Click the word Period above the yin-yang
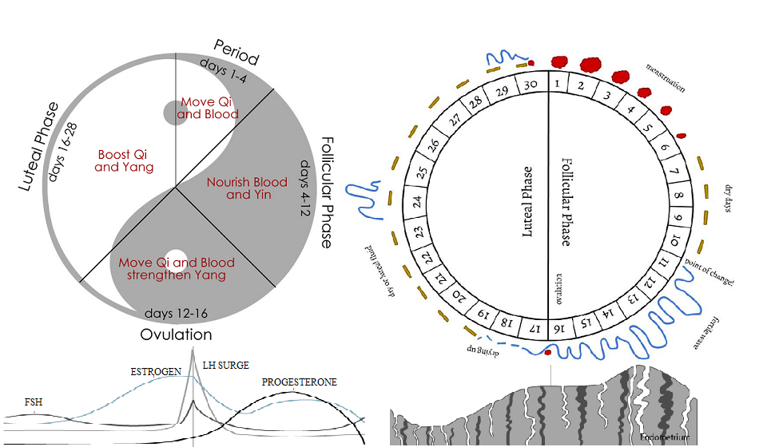(x=236, y=52)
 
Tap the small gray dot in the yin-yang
(x=175, y=113)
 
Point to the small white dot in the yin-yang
(x=175, y=237)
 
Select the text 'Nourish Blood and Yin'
(x=240, y=188)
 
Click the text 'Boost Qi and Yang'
(x=124, y=161)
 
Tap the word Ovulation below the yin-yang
(x=176, y=334)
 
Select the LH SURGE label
(x=225, y=366)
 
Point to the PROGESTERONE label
(x=300, y=382)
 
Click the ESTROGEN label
(x=154, y=372)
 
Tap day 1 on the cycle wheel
(x=558, y=83)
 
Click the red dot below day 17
(x=548, y=351)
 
